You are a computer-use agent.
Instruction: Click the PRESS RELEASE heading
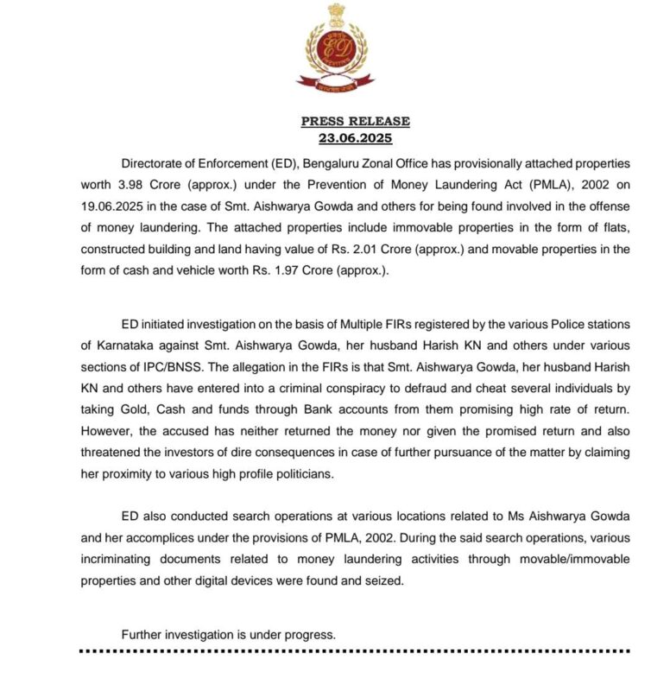pos(355,122)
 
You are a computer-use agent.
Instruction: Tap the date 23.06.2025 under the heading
pos(355,136)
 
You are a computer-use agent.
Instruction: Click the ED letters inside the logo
pos(335,49)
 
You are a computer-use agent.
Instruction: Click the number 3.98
pos(130,185)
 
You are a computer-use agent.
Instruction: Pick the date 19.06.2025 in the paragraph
pos(115,206)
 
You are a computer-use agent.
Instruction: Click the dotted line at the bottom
pos(355,650)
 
